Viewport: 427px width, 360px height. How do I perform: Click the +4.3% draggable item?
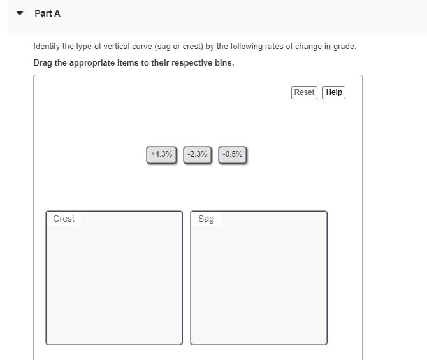point(162,154)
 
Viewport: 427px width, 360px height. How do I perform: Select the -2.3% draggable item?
point(198,154)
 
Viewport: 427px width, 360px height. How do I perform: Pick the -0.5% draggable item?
point(233,154)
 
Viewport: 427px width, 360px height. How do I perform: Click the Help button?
point(334,92)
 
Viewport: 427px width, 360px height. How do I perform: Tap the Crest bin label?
point(64,219)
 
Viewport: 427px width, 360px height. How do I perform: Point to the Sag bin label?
point(206,219)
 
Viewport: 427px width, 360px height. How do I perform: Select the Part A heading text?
point(48,13)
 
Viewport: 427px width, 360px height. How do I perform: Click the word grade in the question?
point(344,47)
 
